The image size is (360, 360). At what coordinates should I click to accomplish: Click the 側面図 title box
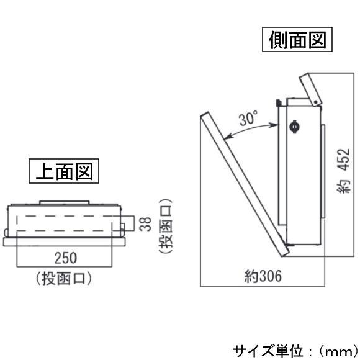point(297,39)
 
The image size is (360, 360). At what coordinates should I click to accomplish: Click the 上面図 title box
point(64,171)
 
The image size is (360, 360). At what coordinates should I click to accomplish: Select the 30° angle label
point(248,118)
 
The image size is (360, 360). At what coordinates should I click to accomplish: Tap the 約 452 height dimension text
point(344,171)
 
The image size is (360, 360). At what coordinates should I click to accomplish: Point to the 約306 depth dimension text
point(263,276)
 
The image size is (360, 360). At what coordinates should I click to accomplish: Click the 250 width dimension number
point(65,258)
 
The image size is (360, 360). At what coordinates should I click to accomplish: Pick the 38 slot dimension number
point(145,224)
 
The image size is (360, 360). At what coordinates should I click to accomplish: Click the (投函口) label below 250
point(64,279)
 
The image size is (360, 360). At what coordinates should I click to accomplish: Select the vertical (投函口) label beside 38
point(165,226)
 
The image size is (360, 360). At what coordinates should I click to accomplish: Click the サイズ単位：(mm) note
point(295,351)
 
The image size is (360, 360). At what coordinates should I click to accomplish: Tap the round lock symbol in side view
point(294,126)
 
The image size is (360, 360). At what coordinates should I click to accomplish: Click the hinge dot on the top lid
point(316,102)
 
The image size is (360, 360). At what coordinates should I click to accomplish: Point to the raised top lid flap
point(310,89)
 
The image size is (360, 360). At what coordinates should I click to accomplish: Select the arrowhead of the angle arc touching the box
point(276,125)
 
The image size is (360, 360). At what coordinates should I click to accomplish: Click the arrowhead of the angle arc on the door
point(227,137)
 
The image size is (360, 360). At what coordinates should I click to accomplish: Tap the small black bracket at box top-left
point(278,102)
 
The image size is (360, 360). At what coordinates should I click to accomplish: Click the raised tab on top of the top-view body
point(64,202)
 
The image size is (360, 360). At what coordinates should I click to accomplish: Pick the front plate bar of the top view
point(65,242)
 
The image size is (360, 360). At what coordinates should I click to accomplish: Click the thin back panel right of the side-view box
point(323,171)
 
